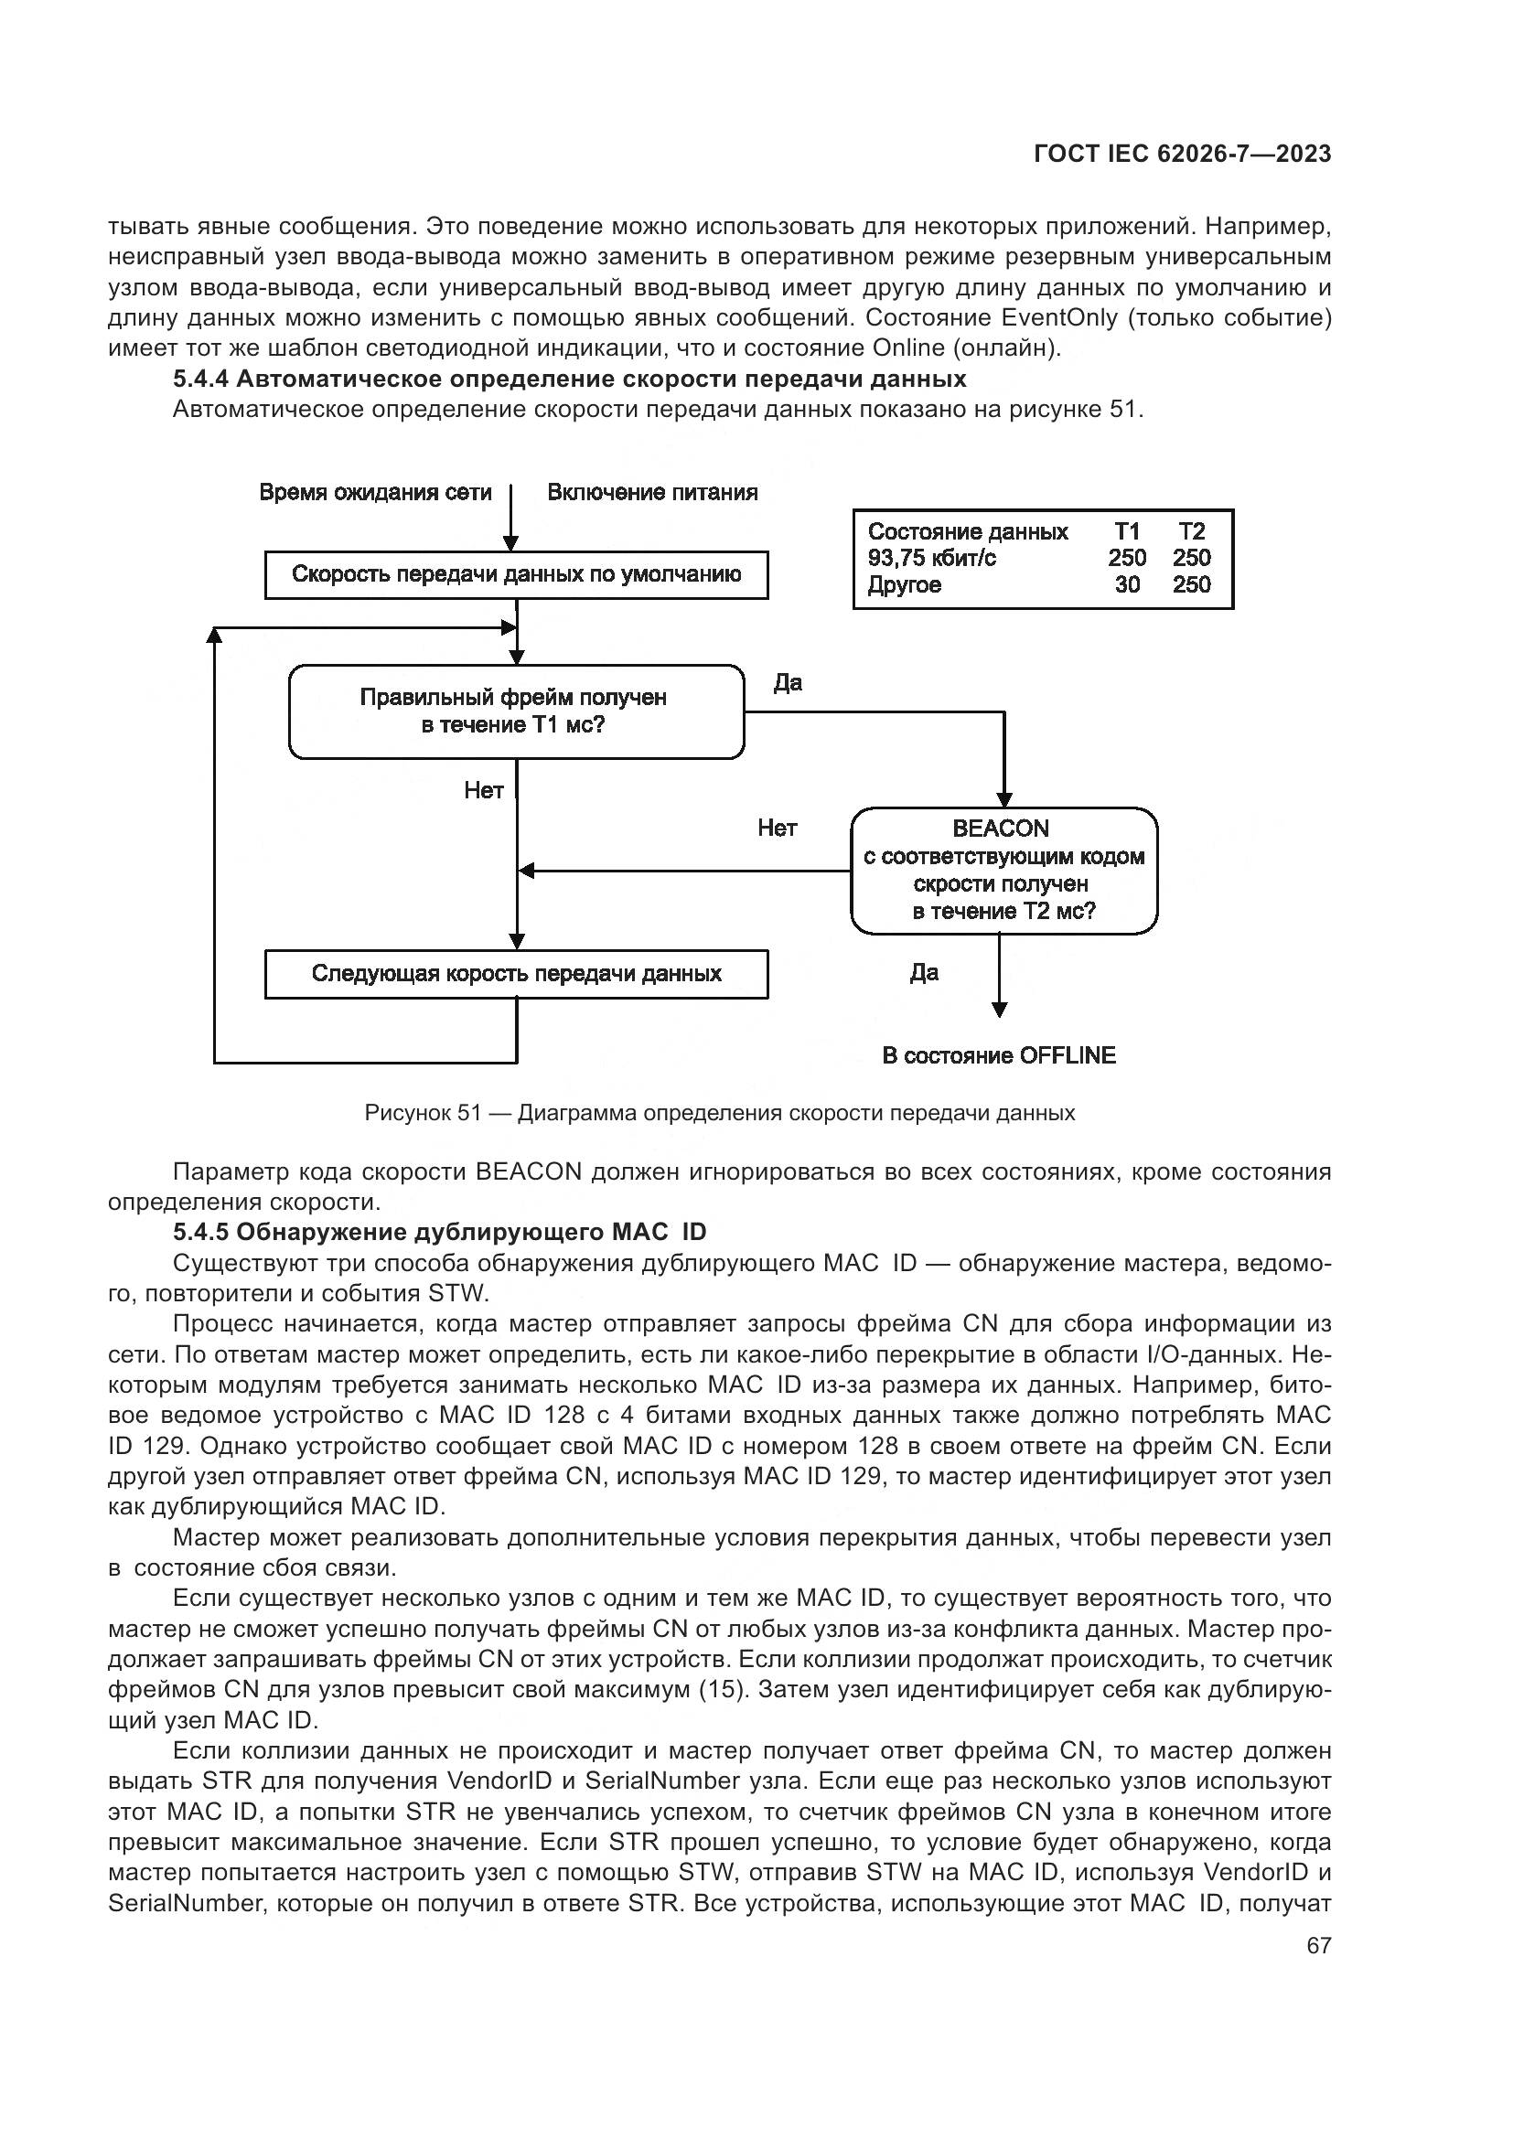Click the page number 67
point(1318,1945)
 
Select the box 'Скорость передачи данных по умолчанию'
point(516,575)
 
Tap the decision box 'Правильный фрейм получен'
point(516,711)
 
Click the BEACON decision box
point(1003,870)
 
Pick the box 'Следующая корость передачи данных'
point(516,975)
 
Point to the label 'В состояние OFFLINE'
point(999,1055)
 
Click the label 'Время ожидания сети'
point(375,493)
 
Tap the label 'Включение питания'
point(652,493)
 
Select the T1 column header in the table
point(1127,532)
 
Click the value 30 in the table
point(1127,585)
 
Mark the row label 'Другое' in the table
point(905,585)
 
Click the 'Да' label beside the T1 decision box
point(788,683)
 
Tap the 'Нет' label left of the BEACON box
point(777,829)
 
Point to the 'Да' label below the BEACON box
point(924,974)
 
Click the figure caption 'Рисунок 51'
point(423,1113)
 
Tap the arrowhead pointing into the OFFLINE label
point(999,1010)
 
